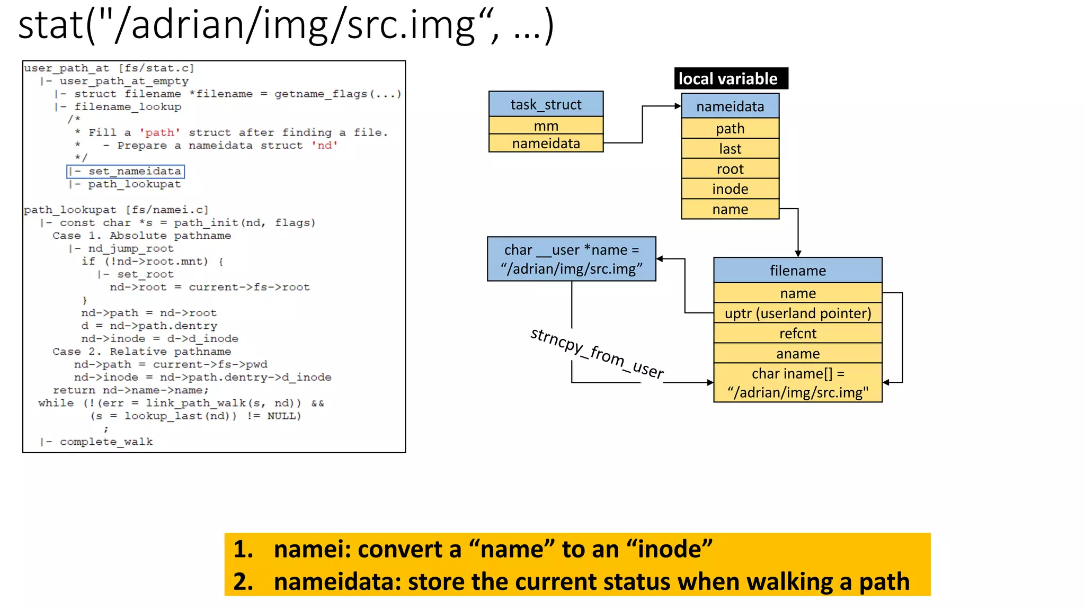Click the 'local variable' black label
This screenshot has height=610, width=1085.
[x=731, y=79]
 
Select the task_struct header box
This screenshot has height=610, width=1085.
[x=546, y=104]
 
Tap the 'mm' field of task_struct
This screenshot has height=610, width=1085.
[x=546, y=126]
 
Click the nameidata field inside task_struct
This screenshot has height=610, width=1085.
[x=546, y=143]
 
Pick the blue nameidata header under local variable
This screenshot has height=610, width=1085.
[x=730, y=106]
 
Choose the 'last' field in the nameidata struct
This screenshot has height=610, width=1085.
[x=730, y=149]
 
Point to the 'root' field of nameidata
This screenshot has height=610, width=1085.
[x=730, y=169]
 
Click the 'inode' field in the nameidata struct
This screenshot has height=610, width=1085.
[x=730, y=189]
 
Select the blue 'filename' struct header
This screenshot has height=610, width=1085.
[x=797, y=271]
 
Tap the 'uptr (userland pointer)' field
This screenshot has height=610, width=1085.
[x=797, y=313]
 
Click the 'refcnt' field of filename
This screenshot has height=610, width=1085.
[x=797, y=334]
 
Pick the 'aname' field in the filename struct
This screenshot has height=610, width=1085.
[x=797, y=354]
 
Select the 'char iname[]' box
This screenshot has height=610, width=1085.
[x=797, y=383]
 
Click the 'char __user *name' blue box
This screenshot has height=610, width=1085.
[x=572, y=259]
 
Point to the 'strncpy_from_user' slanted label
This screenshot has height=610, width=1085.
[x=597, y=354]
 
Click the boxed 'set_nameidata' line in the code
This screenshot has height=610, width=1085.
[x=126, y=171]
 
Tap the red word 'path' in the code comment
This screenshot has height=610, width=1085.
[x=159, y=132]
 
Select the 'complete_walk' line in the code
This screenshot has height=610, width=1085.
[x=106, y=442]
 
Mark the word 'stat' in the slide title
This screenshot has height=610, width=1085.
[x=50, y=25]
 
